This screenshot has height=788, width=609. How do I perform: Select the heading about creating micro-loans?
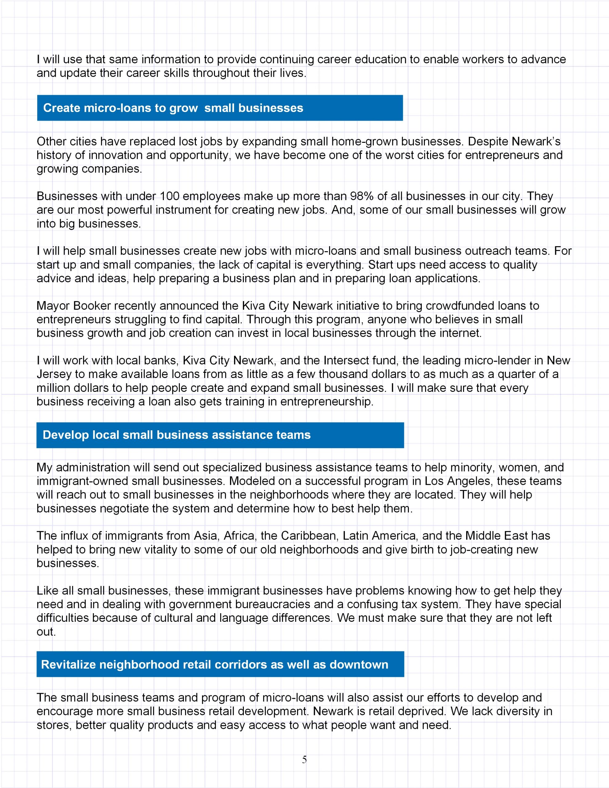[173, 108]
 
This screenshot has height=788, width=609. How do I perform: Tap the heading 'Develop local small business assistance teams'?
[176, 435]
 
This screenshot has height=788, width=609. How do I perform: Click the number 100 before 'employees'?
[169, 196]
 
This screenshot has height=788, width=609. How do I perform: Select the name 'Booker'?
[92, 306]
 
